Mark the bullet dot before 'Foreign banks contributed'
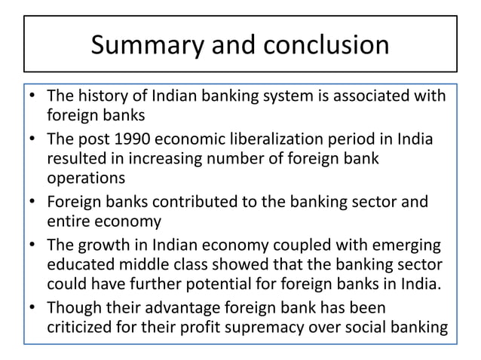[34, 202]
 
